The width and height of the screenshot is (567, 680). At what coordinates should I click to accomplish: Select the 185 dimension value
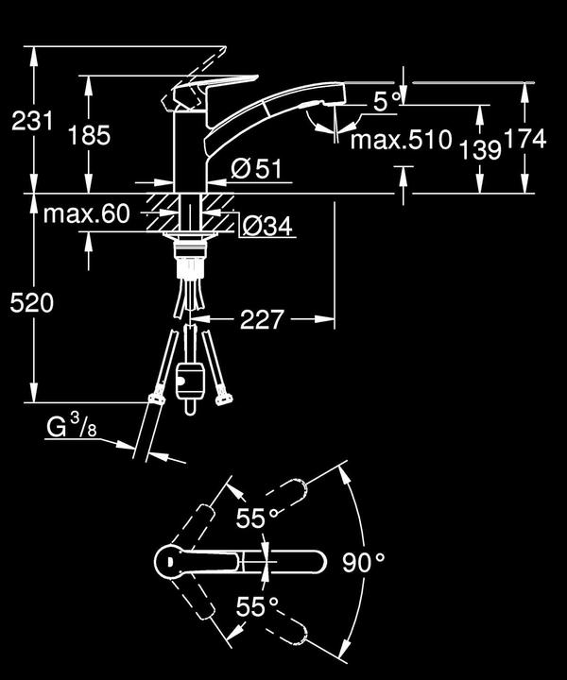pyautogui.click(x=89, y=135)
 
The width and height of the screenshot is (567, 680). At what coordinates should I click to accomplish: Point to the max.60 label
pyautogui.click(x=86, y=214)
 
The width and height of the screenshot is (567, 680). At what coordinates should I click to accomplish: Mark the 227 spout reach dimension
pyautogui.click(x=261, y=320)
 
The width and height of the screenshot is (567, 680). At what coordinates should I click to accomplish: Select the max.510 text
pyautogui.click(x=401, y=141)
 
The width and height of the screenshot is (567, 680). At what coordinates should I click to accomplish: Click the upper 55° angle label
pyautogui.click(x=257, y=518)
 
